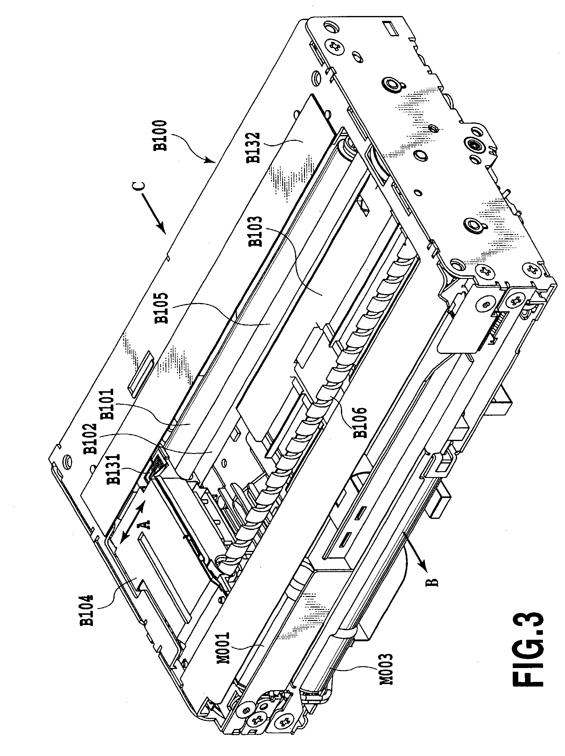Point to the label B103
[x=256, y=231]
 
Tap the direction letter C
[x=141, y=186]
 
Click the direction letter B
[x=432, y=582]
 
